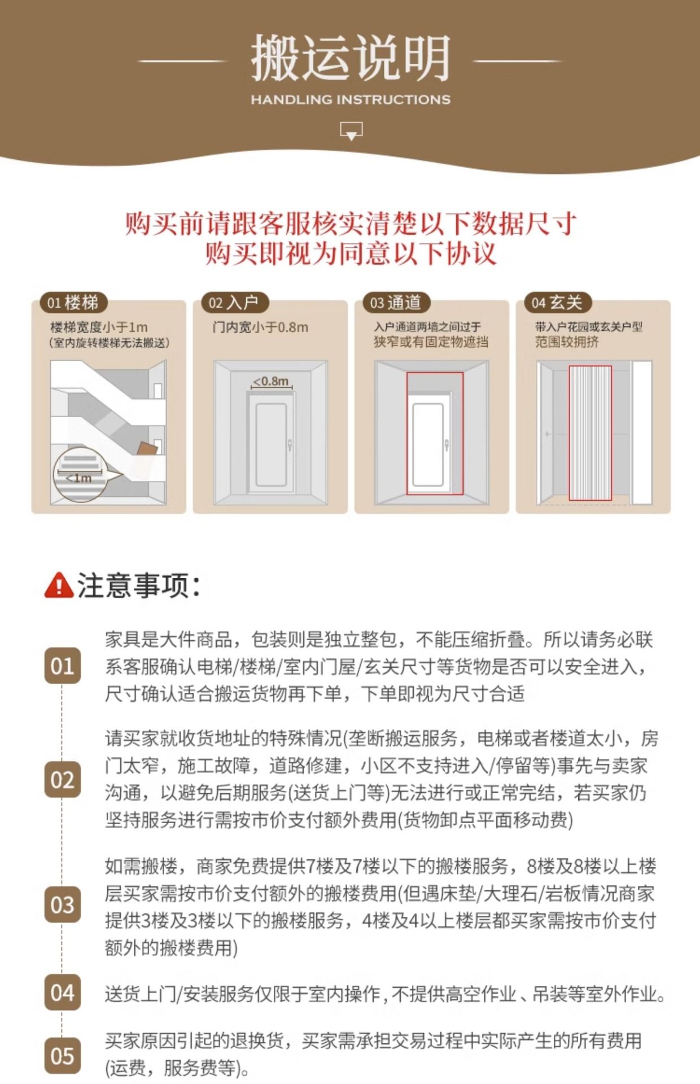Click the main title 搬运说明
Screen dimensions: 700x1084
[351, 58]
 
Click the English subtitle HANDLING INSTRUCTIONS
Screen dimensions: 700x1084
[351, 100]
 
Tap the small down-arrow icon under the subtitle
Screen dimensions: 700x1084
[351, 131]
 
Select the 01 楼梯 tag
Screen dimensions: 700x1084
[73, 303]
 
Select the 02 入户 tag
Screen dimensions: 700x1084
[234, 303]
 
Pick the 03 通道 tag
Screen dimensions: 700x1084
[396, 303]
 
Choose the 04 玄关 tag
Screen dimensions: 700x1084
[557, 303]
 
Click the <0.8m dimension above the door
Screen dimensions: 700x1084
[271, 382]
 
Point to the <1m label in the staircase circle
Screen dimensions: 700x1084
[79, 478]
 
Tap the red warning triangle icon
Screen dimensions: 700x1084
[59, 585]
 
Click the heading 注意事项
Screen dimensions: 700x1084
[139, 585]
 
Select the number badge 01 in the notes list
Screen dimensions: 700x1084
[62, 666]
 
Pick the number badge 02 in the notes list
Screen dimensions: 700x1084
[62, 780]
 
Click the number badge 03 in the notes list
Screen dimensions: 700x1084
[62, 905]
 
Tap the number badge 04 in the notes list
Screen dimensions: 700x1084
[62, 993]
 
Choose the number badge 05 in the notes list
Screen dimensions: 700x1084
[62, 1056]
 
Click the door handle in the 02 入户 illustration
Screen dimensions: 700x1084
[290, 445]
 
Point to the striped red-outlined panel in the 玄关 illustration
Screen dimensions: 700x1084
[590, 433]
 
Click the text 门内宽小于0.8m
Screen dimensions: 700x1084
[260, 327]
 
